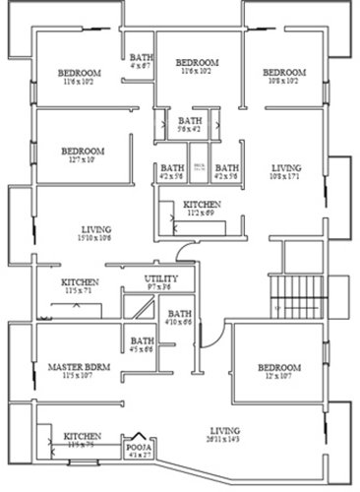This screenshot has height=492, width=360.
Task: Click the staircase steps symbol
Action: click(x=291, y=293)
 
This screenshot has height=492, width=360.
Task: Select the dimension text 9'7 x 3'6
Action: click(x=158, y=288)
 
